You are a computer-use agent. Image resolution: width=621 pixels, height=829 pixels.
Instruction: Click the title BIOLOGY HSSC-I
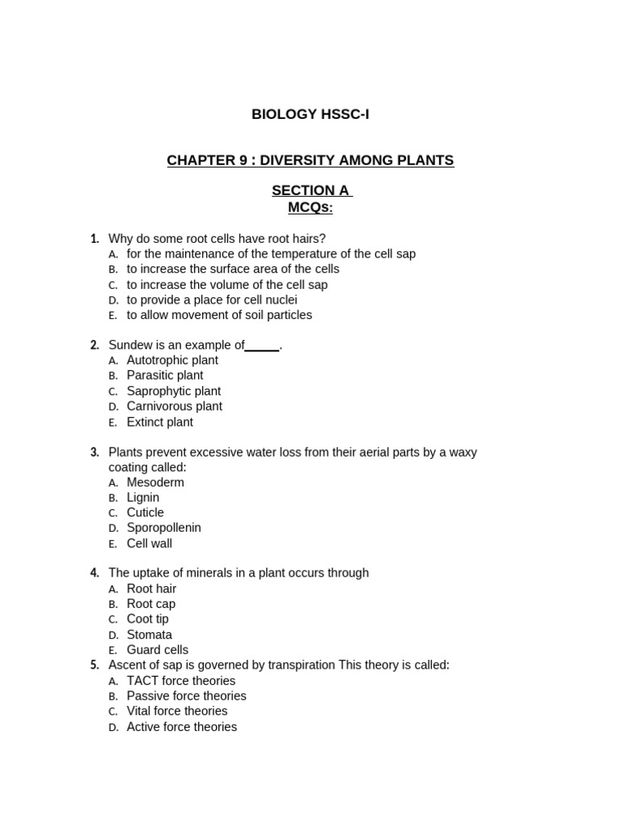click(x=310, y=114)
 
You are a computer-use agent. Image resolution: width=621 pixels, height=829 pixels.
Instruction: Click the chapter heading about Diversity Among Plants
click(x=310, y=160)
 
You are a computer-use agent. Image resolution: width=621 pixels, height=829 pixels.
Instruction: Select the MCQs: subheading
click(x=310, y=207)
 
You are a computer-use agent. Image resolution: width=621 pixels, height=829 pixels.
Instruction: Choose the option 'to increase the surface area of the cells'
click(x=233, y=269)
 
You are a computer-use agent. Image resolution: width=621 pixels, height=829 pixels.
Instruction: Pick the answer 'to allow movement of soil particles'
click(x=219, y=315)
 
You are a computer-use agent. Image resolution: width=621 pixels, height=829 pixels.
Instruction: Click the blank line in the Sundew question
click(x=262, y=346)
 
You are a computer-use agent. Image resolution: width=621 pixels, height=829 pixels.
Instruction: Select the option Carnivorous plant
click(x=174, y=406)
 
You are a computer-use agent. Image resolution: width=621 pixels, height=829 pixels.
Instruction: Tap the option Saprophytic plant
click(x=173, y=391)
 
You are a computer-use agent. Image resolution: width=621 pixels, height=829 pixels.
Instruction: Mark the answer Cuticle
click(x=145, y=512)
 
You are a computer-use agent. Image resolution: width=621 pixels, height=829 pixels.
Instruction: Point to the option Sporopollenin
click(x=163, y=528)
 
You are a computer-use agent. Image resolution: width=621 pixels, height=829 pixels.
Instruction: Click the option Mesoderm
click(x=155, y=483)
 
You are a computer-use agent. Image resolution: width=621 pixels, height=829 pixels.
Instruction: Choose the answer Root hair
click(x=151, y=589)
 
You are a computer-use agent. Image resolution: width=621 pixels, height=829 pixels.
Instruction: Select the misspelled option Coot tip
click(x=147, y=619)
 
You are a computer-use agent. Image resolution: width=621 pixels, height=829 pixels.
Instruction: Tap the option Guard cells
click(x=157, y=650)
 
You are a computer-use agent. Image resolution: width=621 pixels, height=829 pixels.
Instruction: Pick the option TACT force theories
click(x=180, y=681)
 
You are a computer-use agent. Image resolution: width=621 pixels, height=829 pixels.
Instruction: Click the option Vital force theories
click(x=177, y=712)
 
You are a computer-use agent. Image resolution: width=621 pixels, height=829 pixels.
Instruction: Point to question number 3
click(x=95, y=453)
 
